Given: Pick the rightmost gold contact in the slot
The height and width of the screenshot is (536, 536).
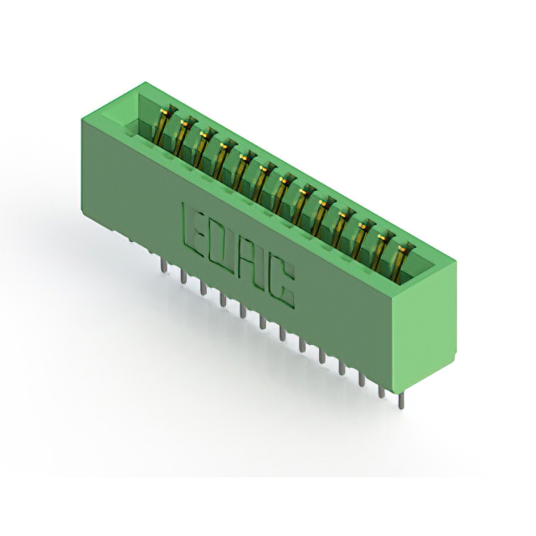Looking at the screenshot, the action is pos(404,263).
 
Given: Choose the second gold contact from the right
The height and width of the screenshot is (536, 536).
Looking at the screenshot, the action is pos(383,251).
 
